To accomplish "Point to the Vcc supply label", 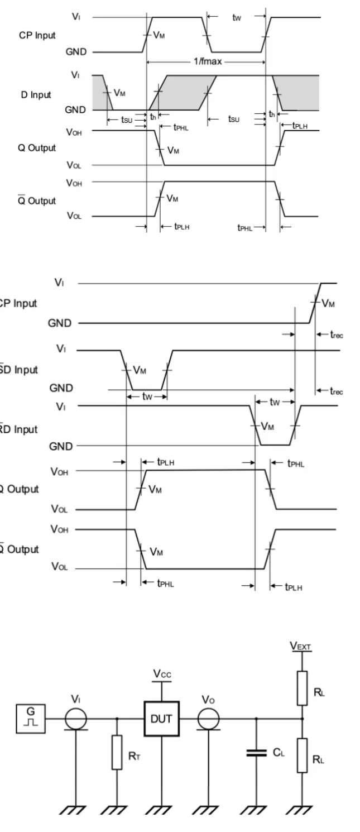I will click(x=162, y=675).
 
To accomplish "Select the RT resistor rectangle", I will click(x=117, y=752).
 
